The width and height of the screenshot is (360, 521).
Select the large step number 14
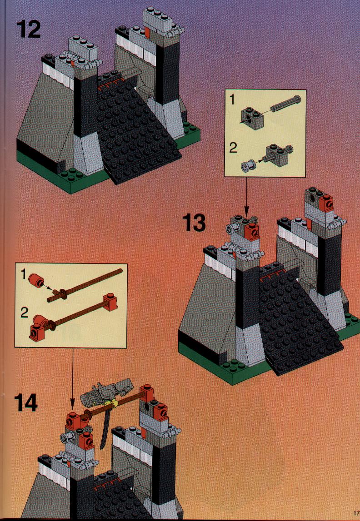click(26, 403)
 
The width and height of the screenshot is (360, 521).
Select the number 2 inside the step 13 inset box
click(233, 148)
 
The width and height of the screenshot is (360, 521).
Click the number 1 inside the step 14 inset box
click(23, 274)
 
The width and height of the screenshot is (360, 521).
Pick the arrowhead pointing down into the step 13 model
click(246, 212)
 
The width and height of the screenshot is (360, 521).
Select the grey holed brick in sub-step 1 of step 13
click(251, 116)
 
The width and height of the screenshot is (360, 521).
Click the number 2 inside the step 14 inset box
click(24, 313)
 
